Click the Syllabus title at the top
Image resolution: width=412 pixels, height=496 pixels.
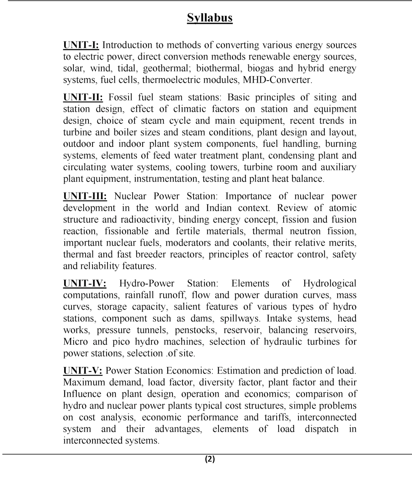pyautogui.click(x=210, y=18)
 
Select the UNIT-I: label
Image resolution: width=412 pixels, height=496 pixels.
pyautogui.click(x=81, y=45)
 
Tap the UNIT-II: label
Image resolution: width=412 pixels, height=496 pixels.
pyautogui.click(x=83, y=97)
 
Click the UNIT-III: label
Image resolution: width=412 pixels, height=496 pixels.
pyautogui.click(x=85, y=196)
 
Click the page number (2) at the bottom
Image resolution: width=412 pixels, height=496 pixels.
pyautogui.click(x=210, y=459)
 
